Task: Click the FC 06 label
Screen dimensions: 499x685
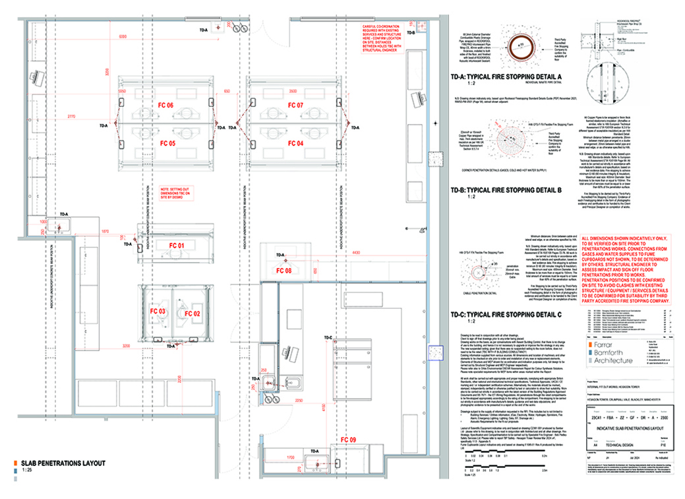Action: tap(165, 106)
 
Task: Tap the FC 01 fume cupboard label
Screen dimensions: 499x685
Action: tap(175, 246)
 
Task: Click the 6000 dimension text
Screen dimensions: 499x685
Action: tap(123, 36)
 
